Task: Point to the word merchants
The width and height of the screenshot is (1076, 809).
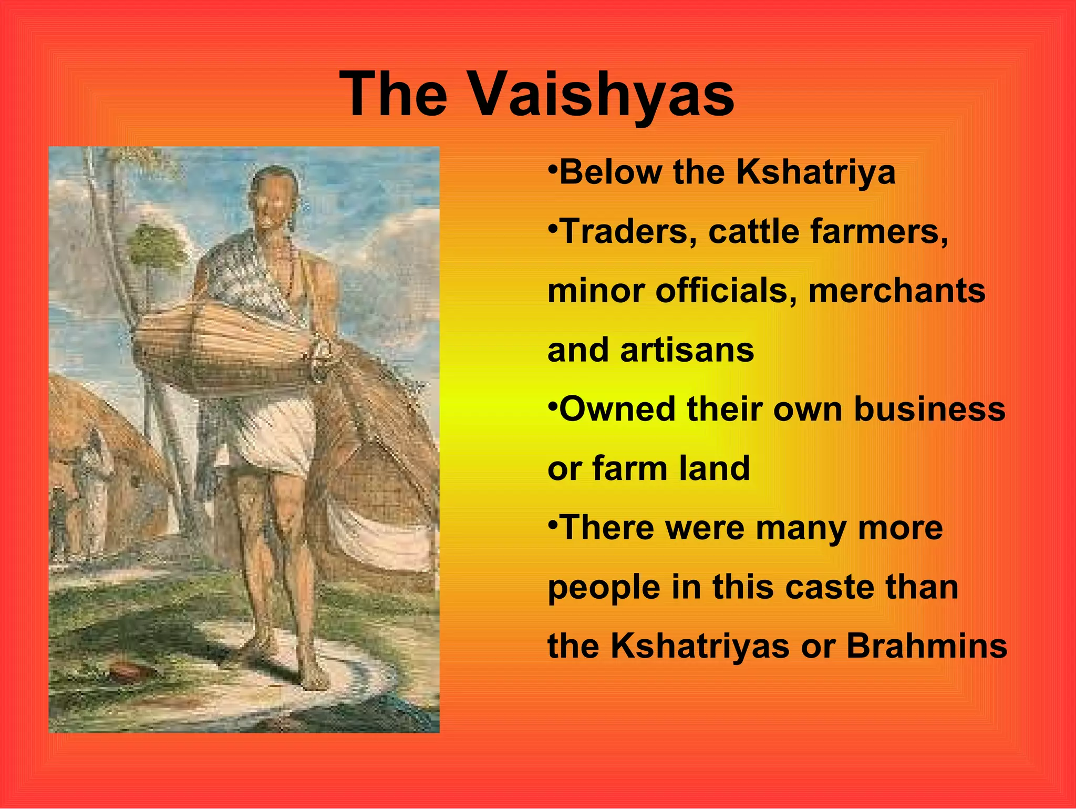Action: click(896, 291)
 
